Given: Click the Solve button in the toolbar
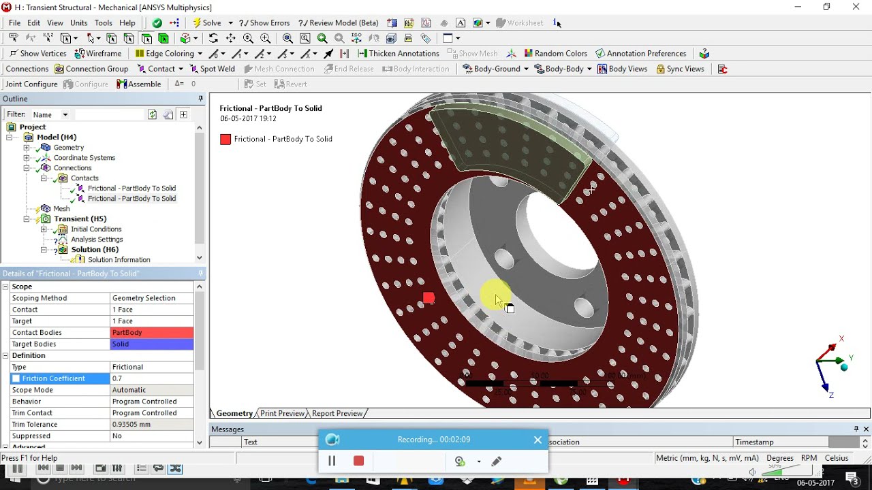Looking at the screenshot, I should tap(207, 23).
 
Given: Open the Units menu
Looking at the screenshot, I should tap(78, 23).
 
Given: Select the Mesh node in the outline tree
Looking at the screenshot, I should tap(61, 209).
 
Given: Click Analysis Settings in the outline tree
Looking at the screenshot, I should tap(97, 240).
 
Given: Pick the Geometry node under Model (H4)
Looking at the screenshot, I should tap(68, 148).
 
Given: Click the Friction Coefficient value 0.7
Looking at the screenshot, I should tap(151, 378).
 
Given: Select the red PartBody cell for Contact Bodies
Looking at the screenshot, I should tap(151, 333).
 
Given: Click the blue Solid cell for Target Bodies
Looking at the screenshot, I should tap(151, 344).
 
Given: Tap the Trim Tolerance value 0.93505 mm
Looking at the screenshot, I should tap(151, 425).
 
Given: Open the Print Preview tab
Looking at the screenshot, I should tap(282, 414).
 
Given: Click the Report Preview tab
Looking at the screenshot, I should tap(337, 414).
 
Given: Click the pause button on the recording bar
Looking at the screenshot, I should tap(332, 461).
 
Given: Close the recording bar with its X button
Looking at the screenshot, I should tap(538, 440).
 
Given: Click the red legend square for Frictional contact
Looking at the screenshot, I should tap(225, 140).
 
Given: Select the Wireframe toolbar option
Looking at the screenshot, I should tap(98, 54).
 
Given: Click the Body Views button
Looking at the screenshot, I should tap(622, 69).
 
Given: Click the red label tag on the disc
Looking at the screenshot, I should tap(429, 297).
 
